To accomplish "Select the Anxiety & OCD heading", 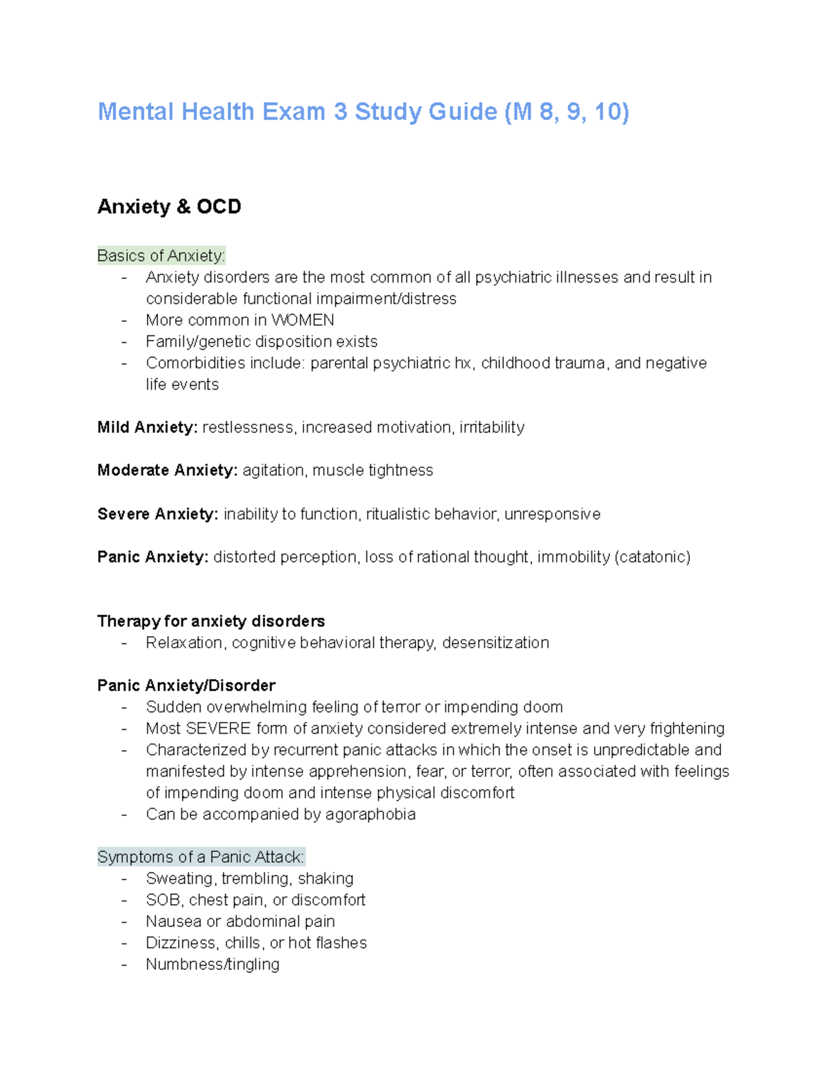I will click(169, 206).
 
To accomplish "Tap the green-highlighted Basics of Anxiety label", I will click(161, 256).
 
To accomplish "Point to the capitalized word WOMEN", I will click(303, 320).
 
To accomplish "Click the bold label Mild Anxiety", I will click(148, 427).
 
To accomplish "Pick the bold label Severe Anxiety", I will click(158, 514).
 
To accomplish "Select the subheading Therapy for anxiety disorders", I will click(211, 621).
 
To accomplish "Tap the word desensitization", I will click(495, 643).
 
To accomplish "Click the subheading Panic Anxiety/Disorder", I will click(186, 685).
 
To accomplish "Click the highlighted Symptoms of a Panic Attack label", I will click(200, 857).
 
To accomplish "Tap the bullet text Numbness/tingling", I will click(213, 964).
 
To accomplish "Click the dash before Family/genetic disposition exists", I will click(124, 342).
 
